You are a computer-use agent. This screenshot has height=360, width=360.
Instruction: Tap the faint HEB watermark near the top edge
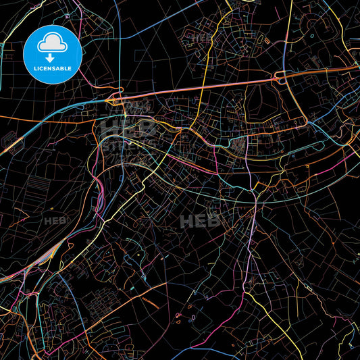(201, 37)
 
